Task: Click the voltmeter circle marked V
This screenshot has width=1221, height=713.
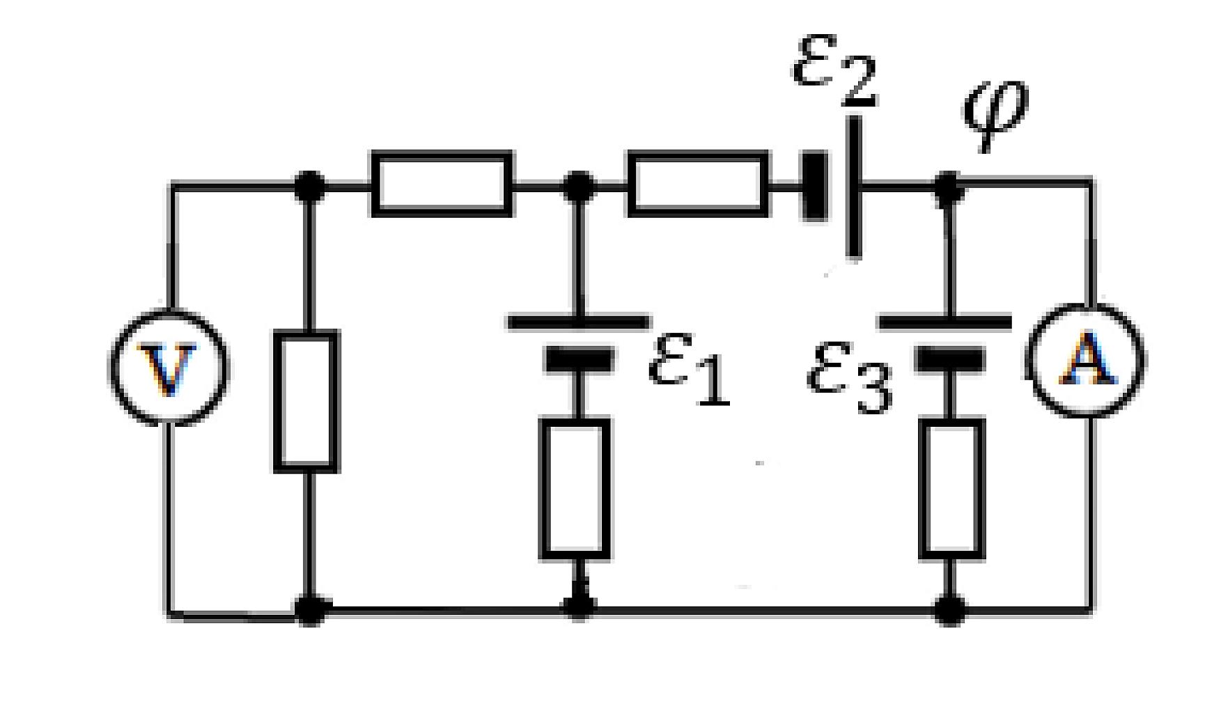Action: click(168, 366)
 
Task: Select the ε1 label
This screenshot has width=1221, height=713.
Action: click(688, 370)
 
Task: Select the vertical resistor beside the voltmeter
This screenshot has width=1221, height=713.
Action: click(306, 401)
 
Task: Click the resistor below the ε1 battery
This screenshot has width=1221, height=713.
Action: click(576, 488)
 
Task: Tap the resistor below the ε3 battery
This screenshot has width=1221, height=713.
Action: click(952, 489)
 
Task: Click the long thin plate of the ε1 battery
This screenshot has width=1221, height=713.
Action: click(577, 322)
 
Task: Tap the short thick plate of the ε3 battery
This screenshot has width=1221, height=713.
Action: click(949, 359)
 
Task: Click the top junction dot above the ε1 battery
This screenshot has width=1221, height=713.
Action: click(577, 186)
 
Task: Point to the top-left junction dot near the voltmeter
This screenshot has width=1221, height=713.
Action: click(309, 186)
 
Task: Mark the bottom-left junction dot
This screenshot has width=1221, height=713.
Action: click(310, 611)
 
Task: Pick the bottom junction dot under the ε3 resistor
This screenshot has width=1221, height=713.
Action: click(950, 611)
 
